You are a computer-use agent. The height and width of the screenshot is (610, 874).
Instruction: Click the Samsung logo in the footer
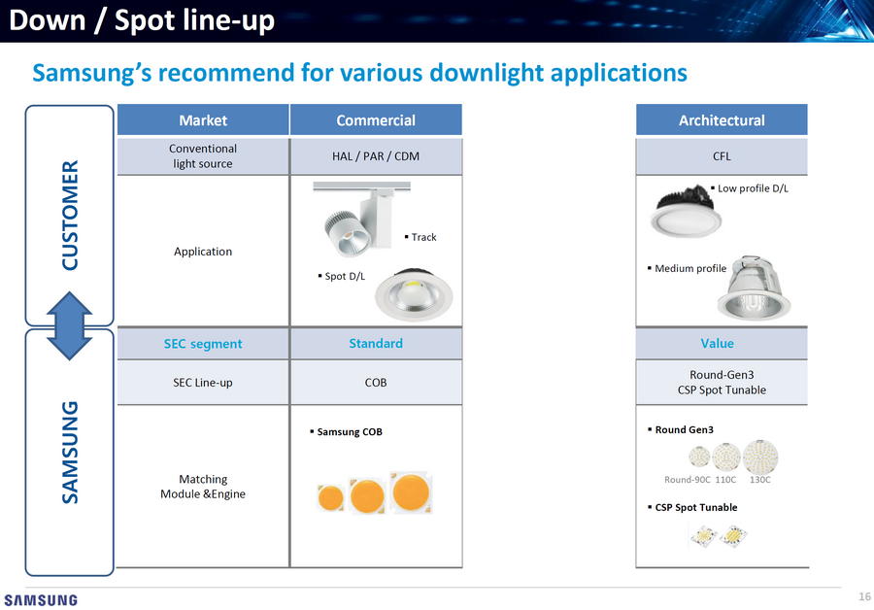41,600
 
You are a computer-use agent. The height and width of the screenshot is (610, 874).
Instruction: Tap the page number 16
864,596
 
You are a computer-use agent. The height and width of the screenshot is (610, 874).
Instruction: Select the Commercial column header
376,119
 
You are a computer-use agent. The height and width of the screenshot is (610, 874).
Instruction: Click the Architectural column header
722,119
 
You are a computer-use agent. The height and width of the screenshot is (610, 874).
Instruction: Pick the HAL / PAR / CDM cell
376,156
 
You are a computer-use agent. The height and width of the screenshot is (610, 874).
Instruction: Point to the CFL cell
722,156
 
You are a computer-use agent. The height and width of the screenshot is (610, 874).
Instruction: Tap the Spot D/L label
342,276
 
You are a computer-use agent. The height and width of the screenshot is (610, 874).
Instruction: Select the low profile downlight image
686,211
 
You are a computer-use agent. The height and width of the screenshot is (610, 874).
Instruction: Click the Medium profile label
688,268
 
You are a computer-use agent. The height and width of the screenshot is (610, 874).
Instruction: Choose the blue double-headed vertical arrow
69,325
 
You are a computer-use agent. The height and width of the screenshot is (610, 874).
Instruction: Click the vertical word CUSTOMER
70,216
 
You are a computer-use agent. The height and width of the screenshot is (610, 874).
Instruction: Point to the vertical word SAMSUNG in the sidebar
70,453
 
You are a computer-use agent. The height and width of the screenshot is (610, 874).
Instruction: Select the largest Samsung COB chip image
411,492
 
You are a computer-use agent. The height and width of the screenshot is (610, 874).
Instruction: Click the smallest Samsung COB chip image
330,497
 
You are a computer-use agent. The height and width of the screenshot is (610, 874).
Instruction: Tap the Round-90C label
688,480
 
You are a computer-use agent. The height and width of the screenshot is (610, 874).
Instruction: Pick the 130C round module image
759,457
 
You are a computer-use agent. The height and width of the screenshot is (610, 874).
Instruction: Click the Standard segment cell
376,344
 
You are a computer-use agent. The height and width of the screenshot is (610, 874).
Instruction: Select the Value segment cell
717,344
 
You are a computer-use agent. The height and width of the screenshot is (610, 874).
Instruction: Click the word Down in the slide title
48,20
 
